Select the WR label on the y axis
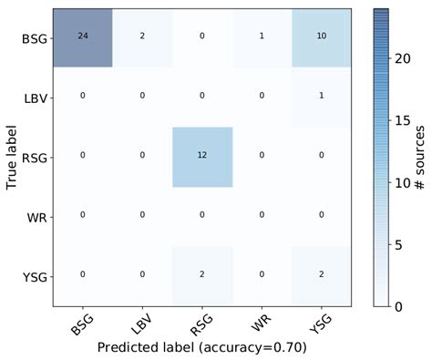[37, 218]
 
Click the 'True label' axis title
[12, 157]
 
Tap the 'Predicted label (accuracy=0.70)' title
[202, 348]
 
